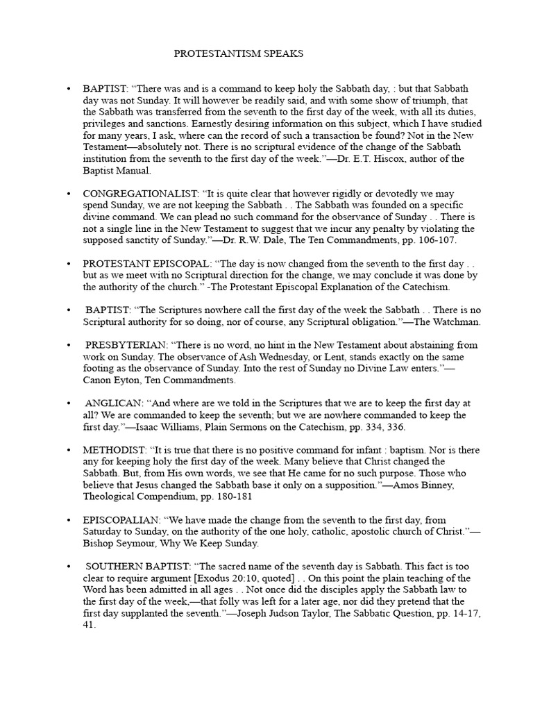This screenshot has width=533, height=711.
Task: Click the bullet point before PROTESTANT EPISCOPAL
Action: pyautogui.click(x=68, y=265)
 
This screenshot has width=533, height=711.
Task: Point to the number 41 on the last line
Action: pyautogui.click(x=89, y=624)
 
